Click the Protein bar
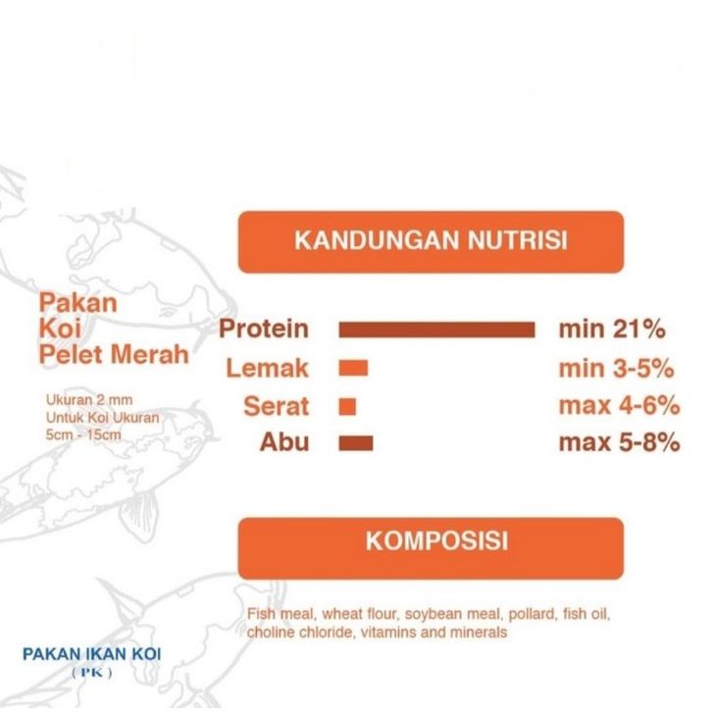(x=436, y=330)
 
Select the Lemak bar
(x=353, y=368)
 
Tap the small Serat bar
(x=347, y=406)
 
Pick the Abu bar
(x=356, y=442)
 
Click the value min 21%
(x=612, y=329)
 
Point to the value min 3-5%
(x=616, y=369)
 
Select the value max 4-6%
(x=620, y=405)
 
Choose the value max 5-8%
(x=620, y=442)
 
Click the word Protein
(x=264, y=329)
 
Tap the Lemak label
(x=268, y=368)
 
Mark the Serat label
(x=277, y=406)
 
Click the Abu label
(x=284, y=442)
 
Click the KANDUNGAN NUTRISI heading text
(x=431, y=240)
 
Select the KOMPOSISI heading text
(x=436, y=541)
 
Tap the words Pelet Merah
(x=114, y=355)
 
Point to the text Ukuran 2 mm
(x=89, y=400)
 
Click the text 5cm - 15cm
(x=83, y=434)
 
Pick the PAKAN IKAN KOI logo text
(x=92, y=654)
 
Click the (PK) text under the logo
(x=92, y=673)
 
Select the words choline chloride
(x=300, y=633)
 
